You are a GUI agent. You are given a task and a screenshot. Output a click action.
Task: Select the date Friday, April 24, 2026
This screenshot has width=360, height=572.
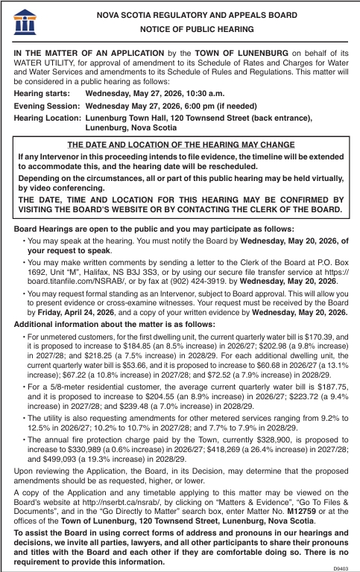[72, 313]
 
